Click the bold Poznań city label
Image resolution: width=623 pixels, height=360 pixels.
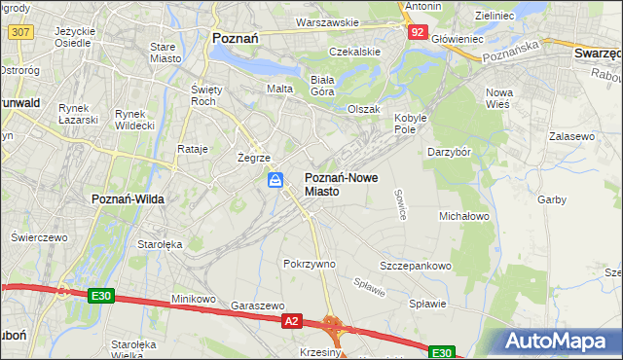coord(234,38)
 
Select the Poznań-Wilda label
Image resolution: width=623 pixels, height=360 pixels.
coord(127,198)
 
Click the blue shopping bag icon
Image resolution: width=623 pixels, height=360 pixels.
coord(276,180)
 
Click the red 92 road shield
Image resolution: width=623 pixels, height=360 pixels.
coord(417,32)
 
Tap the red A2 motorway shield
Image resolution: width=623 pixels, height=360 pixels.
coord(291,319)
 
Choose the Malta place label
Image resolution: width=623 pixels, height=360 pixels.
coord(280,89)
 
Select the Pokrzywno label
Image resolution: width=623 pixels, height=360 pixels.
coord(309,264)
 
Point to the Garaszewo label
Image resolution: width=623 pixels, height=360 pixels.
coord(257,305)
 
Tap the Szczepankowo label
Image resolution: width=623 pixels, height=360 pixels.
coord(416,266)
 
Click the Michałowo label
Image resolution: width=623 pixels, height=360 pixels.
coord(464,216)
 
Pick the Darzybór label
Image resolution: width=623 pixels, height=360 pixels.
coord(450,152)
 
